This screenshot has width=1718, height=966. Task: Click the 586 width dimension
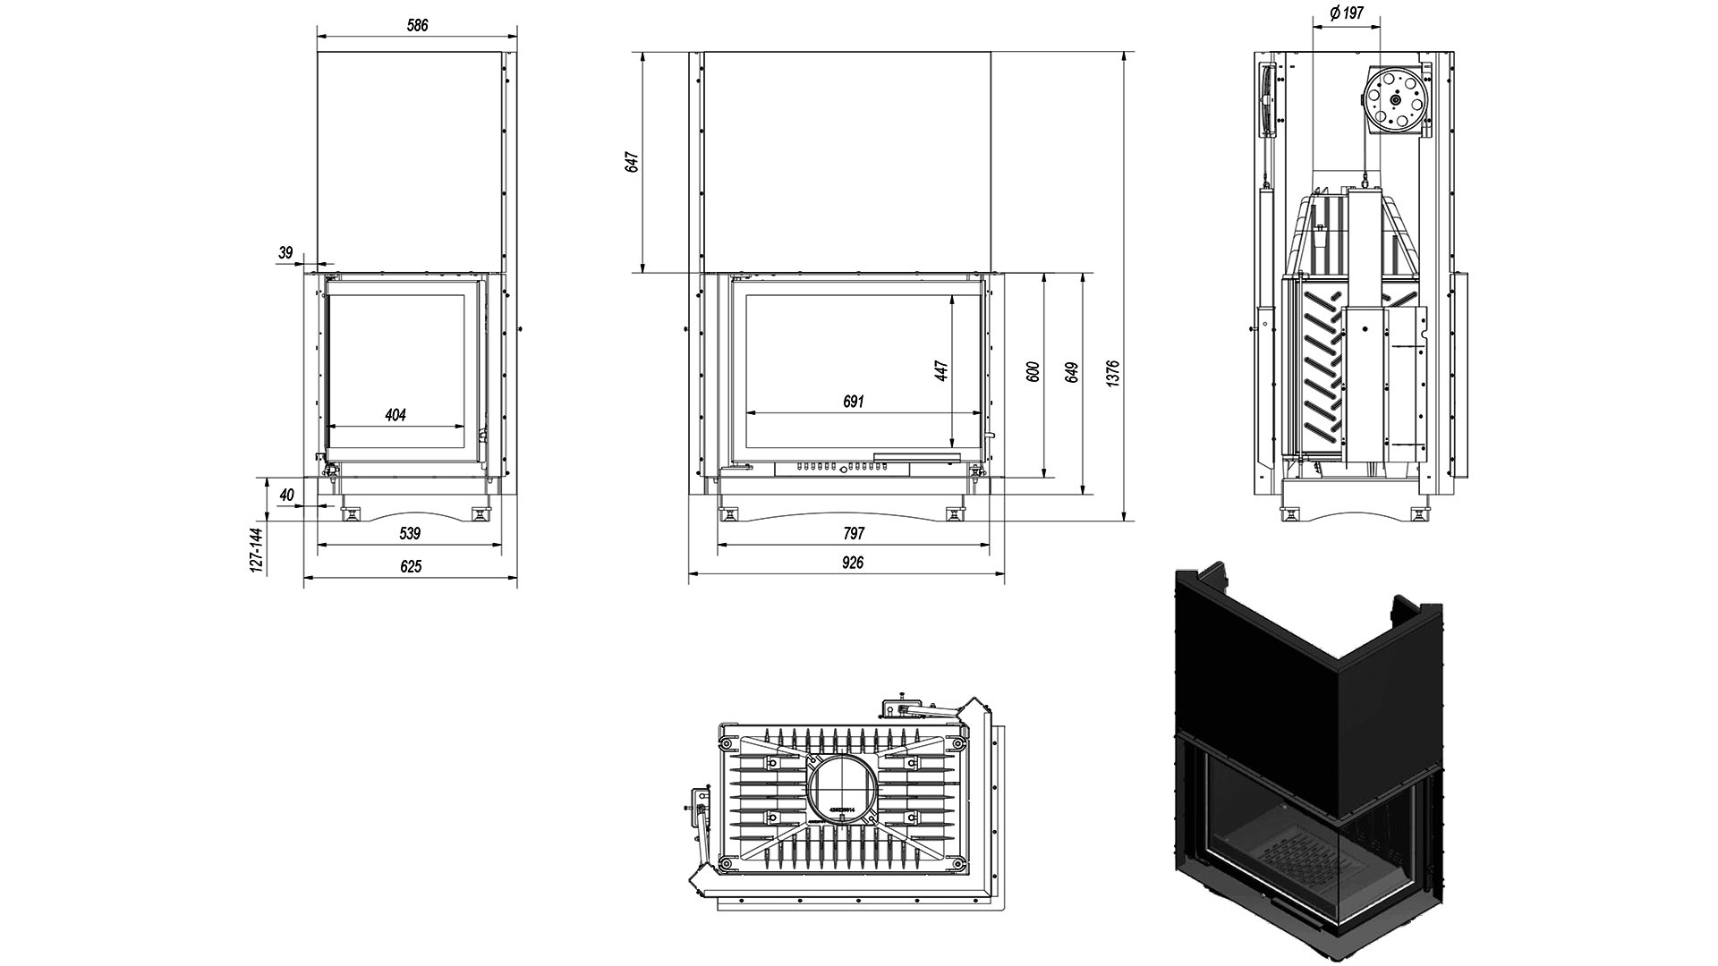[417, 26]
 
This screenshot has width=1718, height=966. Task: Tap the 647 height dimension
[633, 162]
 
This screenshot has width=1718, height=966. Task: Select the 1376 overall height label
[1112, 373]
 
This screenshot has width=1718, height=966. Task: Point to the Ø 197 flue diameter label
[1347, 13]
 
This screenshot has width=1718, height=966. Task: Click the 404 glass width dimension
[395, 415]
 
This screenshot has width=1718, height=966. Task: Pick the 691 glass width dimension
[853, 402]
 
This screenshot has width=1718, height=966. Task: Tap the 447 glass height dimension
[940, 371]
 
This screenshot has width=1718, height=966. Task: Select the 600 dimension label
[1033, 372]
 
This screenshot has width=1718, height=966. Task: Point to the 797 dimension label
[854, 534]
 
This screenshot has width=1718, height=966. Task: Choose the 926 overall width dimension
[853, 563]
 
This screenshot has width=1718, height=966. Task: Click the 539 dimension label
[409, 534]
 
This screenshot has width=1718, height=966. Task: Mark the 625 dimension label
[410, 566]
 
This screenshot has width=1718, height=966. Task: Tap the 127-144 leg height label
[257, 550]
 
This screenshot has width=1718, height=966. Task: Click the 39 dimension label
[285, 253]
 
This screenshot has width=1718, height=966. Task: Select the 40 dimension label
[286, 495]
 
